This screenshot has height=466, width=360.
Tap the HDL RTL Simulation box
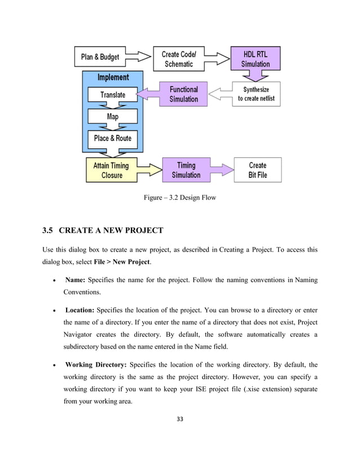click(x=256, y=59)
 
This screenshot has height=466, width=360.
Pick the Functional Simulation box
click(x=184, y=94)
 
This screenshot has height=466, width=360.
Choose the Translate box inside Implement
click(x=113, y=95)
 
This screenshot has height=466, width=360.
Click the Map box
click(x=113, y=116)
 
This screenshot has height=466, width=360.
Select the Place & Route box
click(x=113, y=138)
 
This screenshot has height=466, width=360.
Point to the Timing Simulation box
click(x=186, y=170)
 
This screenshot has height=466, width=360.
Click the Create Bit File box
click(x=257, y=170)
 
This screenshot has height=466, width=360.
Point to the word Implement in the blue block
click(x=113, y=77)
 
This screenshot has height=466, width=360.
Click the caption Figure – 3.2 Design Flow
click(x=179, y=197)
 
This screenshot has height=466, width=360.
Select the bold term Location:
click(x=80, y=309)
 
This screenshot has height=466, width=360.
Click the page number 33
click(x=180, y=419)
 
